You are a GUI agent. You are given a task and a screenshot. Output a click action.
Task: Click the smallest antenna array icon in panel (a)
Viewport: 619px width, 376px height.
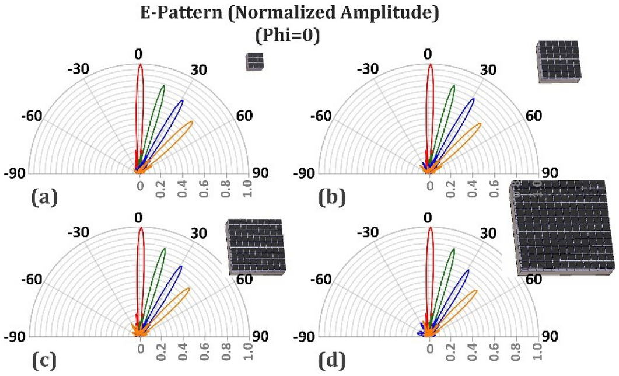255,61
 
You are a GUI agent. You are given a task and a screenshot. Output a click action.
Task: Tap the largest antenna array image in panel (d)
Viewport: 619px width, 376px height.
564,227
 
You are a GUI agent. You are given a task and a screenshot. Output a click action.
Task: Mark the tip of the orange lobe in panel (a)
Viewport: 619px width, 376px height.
191,122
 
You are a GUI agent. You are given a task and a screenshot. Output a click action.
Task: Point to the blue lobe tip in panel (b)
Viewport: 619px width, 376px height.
472,100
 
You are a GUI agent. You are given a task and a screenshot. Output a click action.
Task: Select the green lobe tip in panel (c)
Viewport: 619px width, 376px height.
164,249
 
